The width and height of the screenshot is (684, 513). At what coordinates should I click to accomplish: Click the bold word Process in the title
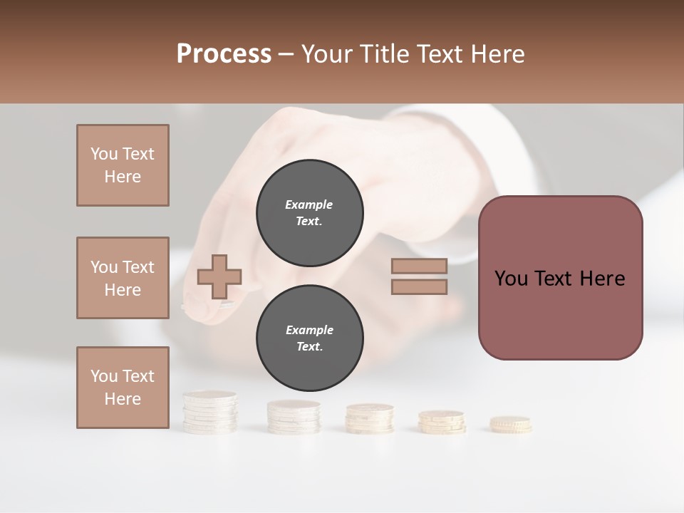click(224, 54)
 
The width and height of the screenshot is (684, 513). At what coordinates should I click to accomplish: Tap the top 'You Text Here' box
click(123, 165)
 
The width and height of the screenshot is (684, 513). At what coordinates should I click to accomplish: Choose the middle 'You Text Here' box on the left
click(123, 278)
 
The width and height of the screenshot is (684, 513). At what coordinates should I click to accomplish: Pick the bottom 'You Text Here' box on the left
click(123, 387)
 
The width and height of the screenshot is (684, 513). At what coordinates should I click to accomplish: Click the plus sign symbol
click(219, 276)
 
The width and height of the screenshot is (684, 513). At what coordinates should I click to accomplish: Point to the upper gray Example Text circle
click(309, 212)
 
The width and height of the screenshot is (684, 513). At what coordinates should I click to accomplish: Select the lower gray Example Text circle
click(309, 338)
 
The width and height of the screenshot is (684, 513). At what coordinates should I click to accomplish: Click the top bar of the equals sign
click(419, 266)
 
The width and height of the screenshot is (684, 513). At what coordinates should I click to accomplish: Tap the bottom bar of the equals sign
click(419, 286)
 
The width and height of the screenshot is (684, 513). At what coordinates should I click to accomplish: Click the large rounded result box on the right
click(560, 278)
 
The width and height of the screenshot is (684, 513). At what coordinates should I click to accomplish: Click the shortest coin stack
click(510, 425)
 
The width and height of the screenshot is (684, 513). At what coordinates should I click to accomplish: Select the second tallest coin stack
click(293, 416)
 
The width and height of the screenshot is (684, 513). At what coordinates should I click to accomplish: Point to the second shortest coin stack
click(441, 422)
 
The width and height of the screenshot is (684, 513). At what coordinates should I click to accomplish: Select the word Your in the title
click(326, 54)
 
